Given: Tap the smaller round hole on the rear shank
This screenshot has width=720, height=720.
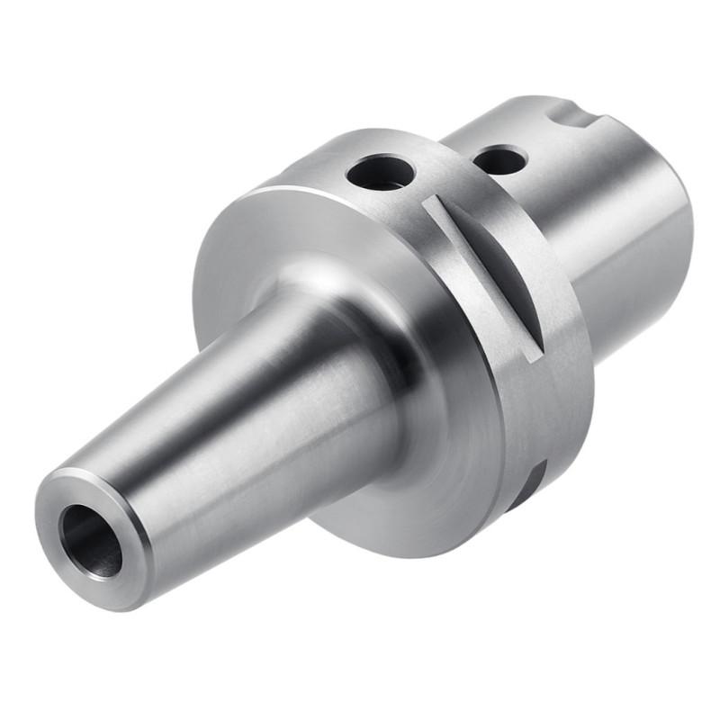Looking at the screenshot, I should click(x=499, y=161).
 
